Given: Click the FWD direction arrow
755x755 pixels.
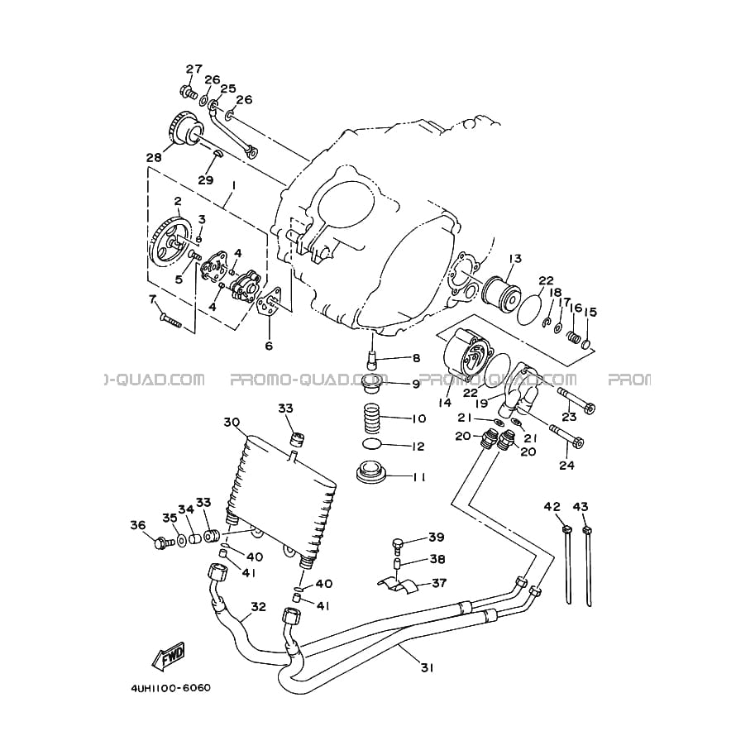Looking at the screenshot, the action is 169,657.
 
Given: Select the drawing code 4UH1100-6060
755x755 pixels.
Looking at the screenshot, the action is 171,687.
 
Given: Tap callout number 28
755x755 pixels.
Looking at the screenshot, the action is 155,157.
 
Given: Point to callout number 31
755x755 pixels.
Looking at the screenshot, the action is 428,668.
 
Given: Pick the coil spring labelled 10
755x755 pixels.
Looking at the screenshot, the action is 375,418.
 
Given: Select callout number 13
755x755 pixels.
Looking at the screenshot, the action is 514,259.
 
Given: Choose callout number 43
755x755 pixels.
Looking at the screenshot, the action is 581,507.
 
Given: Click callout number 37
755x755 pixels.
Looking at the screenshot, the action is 439,583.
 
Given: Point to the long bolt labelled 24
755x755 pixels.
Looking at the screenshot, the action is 566,435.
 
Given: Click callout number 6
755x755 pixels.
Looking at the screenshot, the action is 269,346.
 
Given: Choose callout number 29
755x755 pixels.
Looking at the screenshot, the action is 206,180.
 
